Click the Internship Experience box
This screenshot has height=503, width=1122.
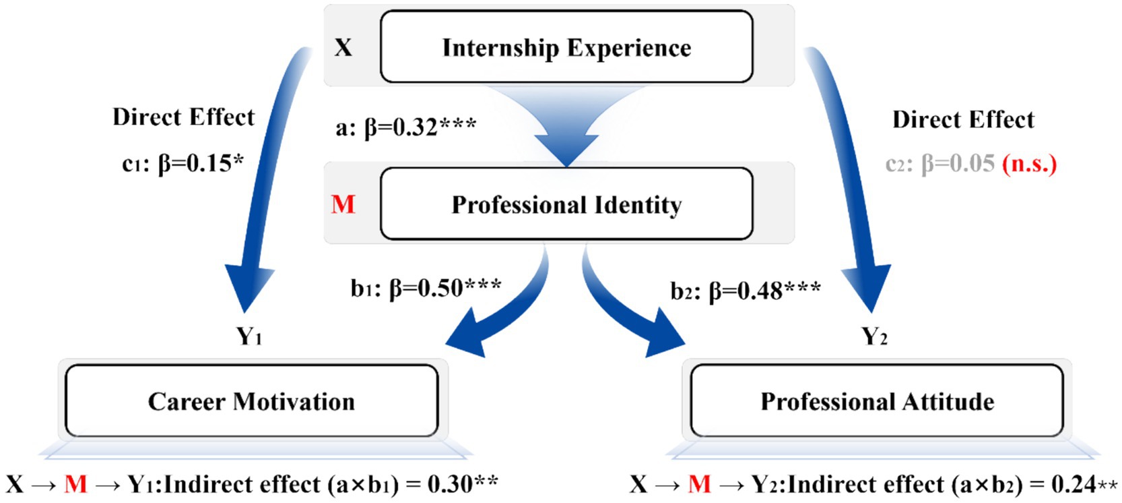(566, 47)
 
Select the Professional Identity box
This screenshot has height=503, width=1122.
(566, 204)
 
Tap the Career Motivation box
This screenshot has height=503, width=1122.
(251, 401)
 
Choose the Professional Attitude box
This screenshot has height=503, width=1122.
(877, 401)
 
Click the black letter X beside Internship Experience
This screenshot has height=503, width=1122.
(343, 48)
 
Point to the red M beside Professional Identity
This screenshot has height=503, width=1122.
(343, 204)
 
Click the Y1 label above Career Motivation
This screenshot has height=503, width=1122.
(249, 335)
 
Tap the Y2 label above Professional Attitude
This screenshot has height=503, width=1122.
(874, 335)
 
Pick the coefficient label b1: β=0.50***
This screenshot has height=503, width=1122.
(426, 288)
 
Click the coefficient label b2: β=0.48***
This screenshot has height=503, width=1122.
(746, 291)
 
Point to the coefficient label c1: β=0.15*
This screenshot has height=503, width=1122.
(183, 163)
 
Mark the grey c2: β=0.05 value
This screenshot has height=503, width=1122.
(940, 164)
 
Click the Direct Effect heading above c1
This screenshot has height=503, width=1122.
(183, 117)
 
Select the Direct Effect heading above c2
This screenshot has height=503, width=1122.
(963, 119)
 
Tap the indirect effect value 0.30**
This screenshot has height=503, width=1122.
(463, 483)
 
